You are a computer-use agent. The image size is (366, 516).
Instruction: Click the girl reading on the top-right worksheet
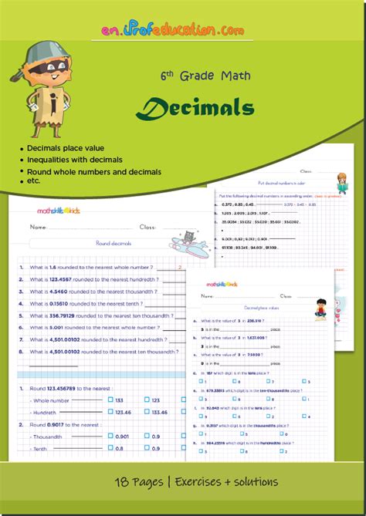click(341, 183)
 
